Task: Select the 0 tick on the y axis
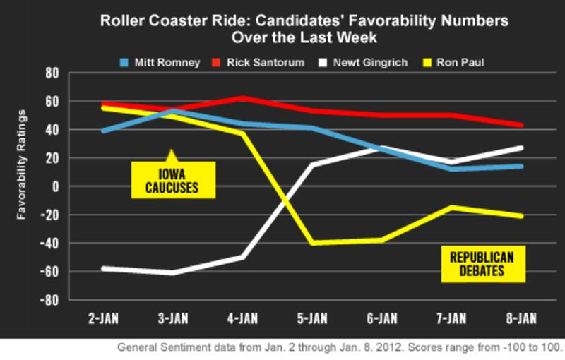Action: [x=56, y=186]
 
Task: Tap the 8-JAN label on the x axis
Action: [x=521, y=319]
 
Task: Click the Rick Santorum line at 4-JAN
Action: [x=243, y=98]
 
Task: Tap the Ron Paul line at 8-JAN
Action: [x=521, y=216]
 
